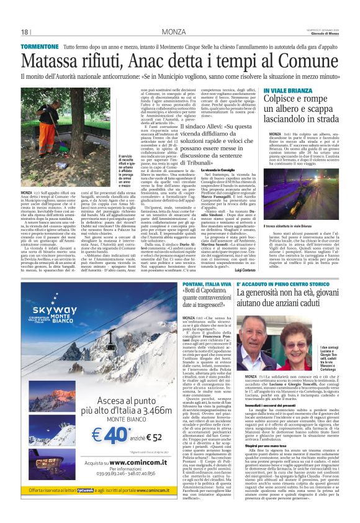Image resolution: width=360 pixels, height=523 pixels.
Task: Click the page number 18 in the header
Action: click(25, 32)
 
